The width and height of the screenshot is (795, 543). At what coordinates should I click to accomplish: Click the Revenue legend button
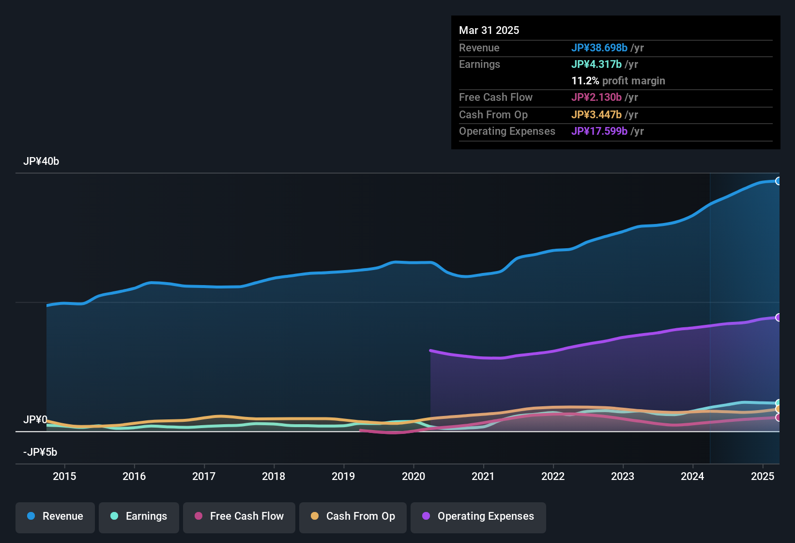pyautogui.click(x=55, y=516)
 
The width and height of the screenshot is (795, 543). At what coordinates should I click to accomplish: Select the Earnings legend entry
pyautogui.click(x=138, y=516)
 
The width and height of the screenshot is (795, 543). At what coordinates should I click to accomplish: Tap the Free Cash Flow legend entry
pyautogui.click(x=239, y=516)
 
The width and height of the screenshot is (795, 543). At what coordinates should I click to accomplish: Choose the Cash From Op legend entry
pyautogui.click(x=352, y=516)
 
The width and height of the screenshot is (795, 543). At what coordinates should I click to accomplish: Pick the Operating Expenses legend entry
pyautogui.click(x=478, y=516)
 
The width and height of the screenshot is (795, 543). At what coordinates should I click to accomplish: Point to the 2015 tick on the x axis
pyautogui.click(x=64, y=476)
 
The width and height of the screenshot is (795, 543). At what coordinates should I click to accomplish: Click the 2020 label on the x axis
pyautogui.click(x=413, y=476)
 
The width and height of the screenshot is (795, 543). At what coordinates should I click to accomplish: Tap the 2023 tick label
pyautogui.click(x=623, y=476)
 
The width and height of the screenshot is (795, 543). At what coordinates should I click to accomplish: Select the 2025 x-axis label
pyautogui.click(x=763, y=476)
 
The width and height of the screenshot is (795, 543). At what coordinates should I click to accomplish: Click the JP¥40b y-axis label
pyautogui.click(x=41, y=161)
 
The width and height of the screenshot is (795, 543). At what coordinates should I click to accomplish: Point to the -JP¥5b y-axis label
pyautogui.click(x=40, y=452)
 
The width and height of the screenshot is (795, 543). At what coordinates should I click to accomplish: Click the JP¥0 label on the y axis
pyautogui.click(x=35, y=420)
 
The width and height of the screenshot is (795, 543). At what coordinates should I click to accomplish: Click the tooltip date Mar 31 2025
pyautogui.click(x=489, y=30)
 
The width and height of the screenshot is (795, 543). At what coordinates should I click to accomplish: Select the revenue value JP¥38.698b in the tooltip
pyautogui.click(x=599, y=48)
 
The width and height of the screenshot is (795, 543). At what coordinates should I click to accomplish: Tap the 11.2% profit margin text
pyautogui.click(x=618, y=81)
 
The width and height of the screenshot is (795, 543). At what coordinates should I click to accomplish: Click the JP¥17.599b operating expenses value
pyautogui.click(x=599, y=131)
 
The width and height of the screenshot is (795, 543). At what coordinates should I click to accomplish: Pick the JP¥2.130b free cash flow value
pyautogui.click(x=596, y=97)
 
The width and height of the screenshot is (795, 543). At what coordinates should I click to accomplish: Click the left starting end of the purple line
pyautogui.click(x=430, y=350)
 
